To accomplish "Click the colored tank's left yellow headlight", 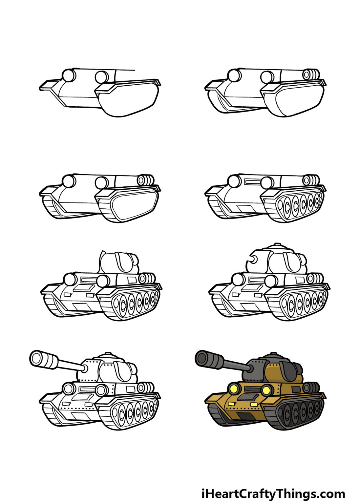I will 234,389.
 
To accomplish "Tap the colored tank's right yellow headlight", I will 266,390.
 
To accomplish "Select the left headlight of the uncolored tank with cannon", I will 69,389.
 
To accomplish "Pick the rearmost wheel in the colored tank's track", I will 317,407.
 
